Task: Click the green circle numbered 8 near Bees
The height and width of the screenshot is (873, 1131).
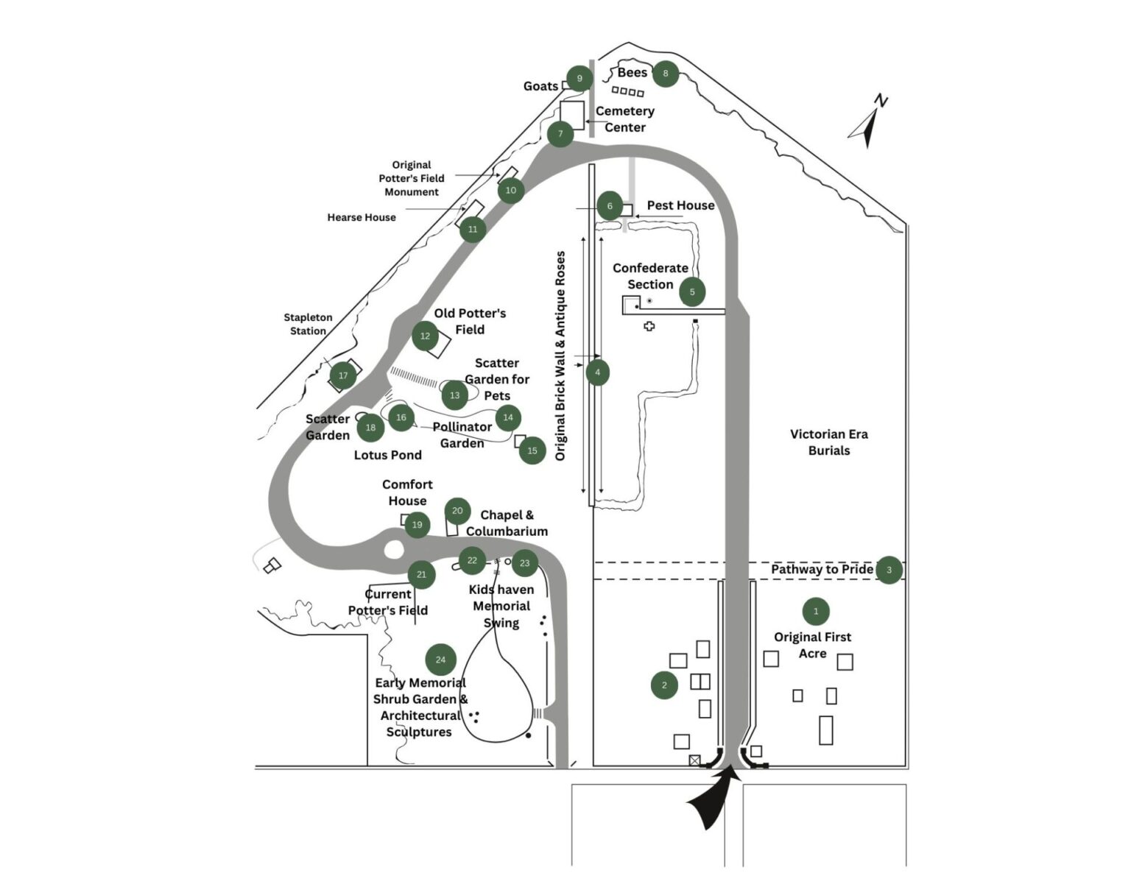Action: tap(666, 74)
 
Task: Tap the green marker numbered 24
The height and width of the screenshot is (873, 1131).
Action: tap(440, 660)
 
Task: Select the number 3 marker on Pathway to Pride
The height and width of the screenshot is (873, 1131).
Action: tap(889, 570)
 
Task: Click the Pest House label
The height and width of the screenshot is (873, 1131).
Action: tap(680, 205)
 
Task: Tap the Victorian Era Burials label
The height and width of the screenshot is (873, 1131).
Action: tap(828, 442)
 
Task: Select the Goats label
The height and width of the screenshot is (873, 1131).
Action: tap(540, 86)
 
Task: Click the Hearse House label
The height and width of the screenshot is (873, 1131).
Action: tap(362, 217)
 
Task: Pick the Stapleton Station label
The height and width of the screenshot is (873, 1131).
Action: tap(308, 324)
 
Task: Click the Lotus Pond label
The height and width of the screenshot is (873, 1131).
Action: tap(387, 455)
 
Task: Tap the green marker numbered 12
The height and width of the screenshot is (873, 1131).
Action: tap(425, 336)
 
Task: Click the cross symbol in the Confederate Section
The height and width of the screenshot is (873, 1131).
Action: tap(649, 326)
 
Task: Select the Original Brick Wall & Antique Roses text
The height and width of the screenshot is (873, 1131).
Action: tap(560, 356)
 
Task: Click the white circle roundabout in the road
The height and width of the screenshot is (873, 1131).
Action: tap(394, 549)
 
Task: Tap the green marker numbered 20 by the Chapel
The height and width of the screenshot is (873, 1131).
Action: tap(457, 511)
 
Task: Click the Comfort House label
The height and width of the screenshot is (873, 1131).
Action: tap(407, 492)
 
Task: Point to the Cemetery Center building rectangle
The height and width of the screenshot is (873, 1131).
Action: tap(572, 115)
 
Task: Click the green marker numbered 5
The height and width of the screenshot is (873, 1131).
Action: tap(692, 291)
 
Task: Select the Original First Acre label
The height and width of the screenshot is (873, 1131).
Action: tap(812, 645)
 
